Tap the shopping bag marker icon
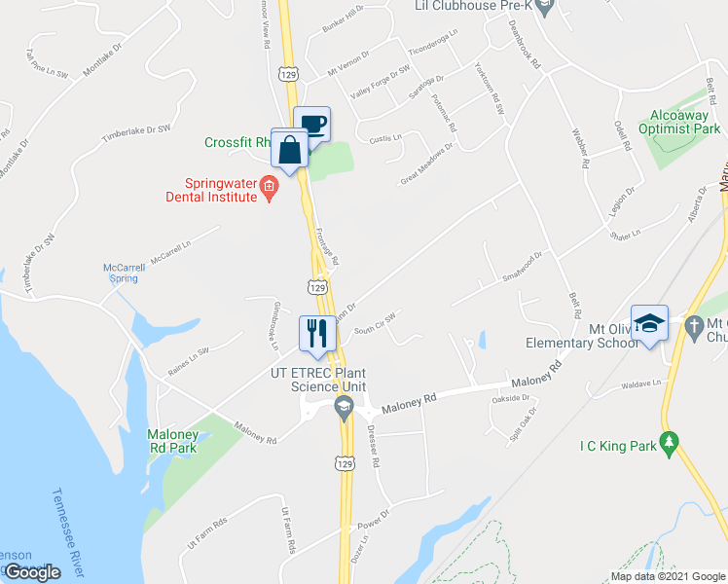tap(290, 149)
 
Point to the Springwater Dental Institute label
tap(222, 189)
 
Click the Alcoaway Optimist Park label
tap(679, 122)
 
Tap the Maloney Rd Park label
tap(172, 441)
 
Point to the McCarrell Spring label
tap(123, 273)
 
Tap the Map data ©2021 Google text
tap(667, 576)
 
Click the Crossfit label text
tap(237, 142)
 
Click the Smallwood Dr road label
tap(522, 259)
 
